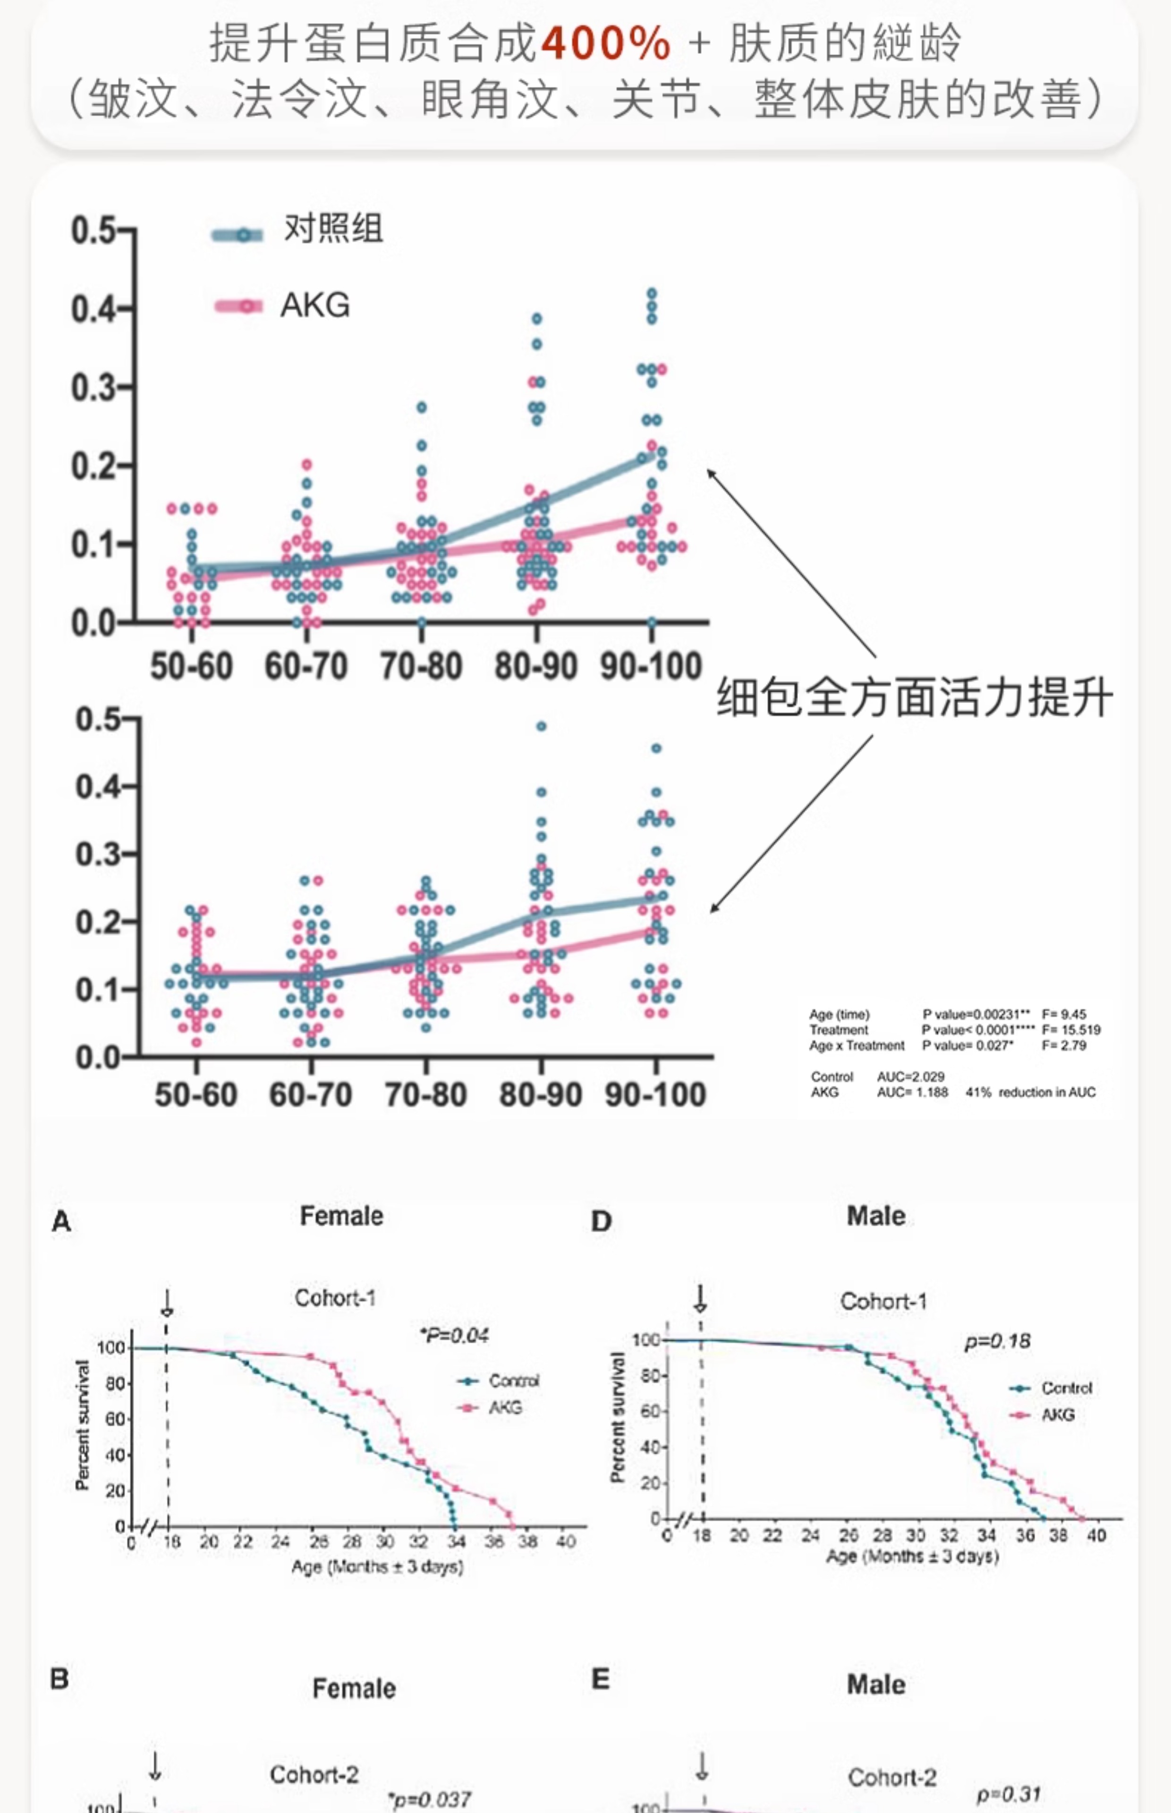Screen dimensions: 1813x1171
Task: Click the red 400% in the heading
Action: click(605, 43)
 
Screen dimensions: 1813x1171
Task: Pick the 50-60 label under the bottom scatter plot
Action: click(195, 1094)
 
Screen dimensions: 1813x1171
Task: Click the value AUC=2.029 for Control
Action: click(910, 1076)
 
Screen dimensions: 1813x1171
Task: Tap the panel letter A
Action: click(61, 1221)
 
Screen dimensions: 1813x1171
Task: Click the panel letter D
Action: click(601, 1221)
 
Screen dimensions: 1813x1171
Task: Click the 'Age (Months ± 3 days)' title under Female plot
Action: click(377, 1567)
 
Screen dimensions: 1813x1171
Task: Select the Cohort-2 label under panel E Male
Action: click(892, 1777)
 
